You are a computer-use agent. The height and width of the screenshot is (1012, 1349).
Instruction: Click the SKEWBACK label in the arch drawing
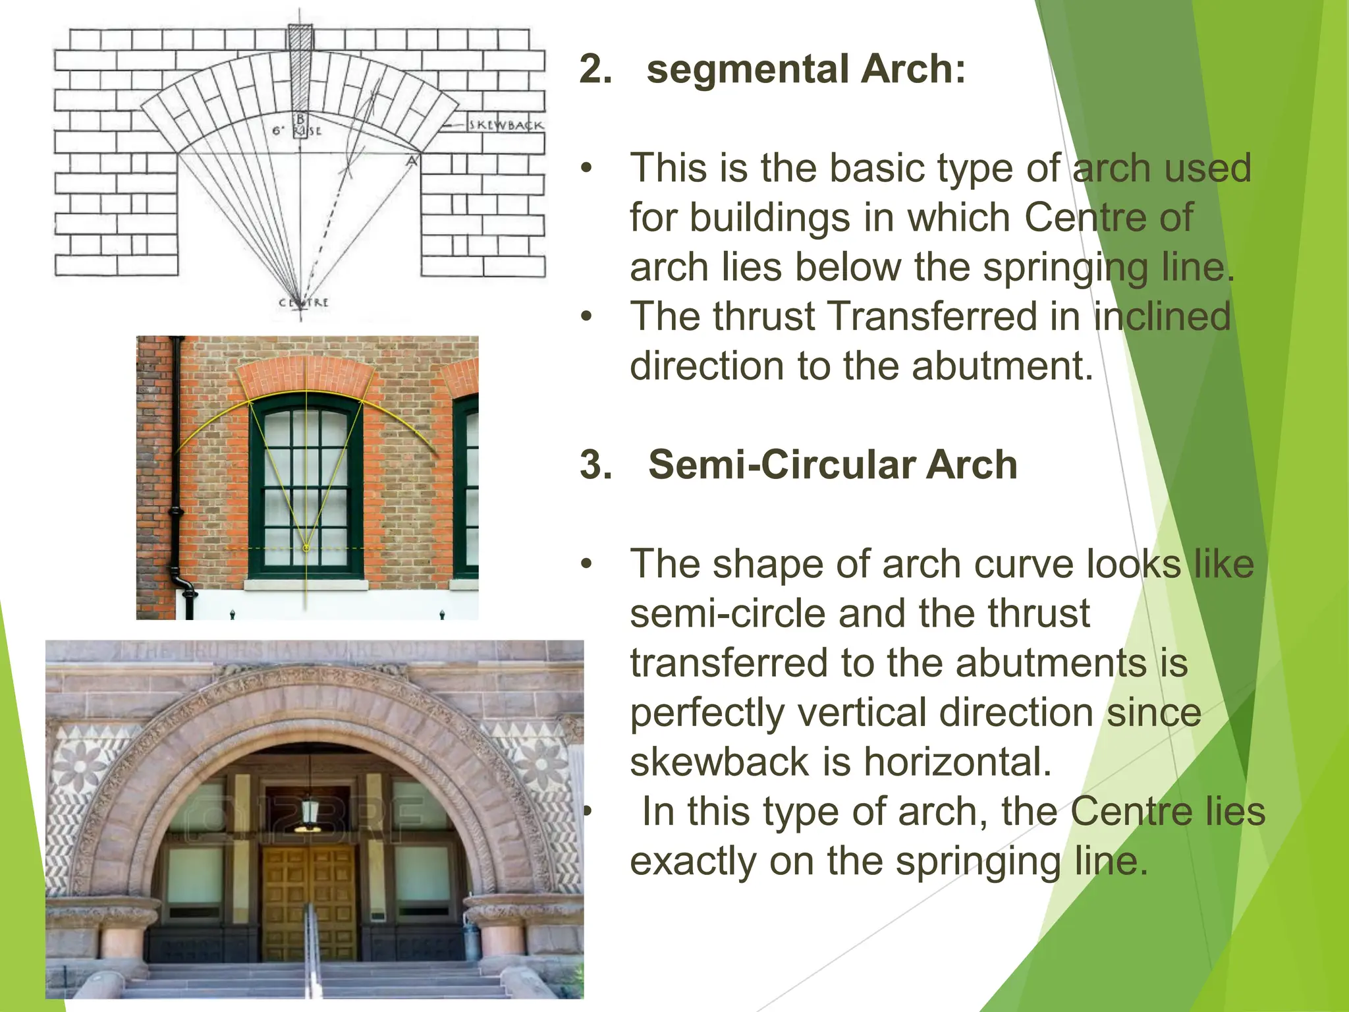[x=505, y=125]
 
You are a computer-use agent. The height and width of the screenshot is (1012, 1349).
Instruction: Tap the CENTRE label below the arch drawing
[x=303, y=303]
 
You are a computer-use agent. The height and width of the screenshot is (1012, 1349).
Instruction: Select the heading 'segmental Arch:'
[x=806, y=69]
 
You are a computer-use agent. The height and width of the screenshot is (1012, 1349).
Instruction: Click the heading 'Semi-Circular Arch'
[x=833, y=464]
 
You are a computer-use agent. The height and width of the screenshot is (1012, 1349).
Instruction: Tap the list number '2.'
[x=595, y=69]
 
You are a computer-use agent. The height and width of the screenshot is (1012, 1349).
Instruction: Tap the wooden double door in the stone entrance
[x=308, y=903]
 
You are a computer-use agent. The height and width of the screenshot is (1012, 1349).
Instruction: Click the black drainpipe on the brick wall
[x=177, y=474]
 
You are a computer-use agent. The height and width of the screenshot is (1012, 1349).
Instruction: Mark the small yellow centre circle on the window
[x=306, y=548]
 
